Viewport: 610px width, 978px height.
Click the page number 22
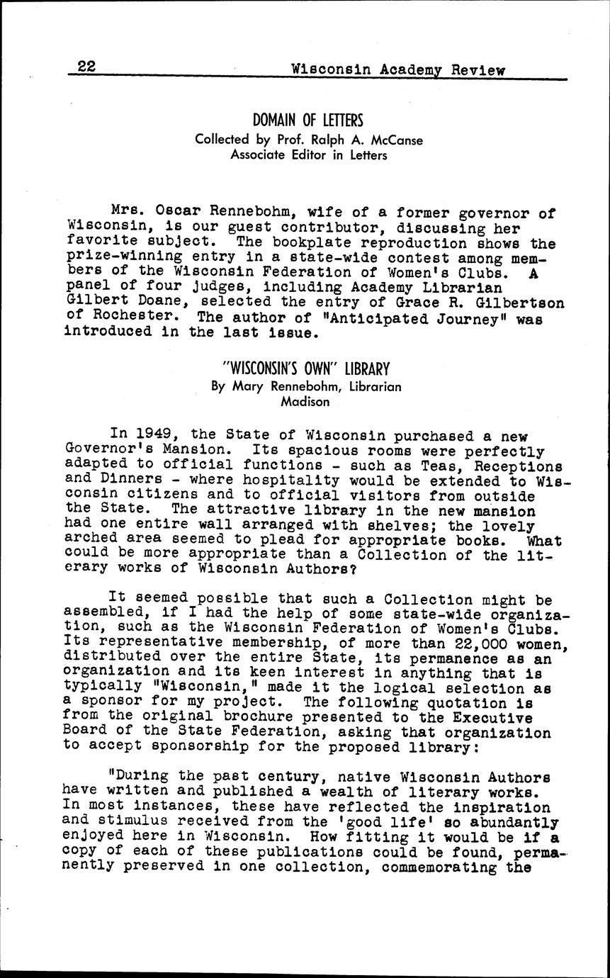[86, 67]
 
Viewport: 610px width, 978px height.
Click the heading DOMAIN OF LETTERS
[308, 120]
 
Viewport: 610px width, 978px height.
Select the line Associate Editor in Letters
[309, 154]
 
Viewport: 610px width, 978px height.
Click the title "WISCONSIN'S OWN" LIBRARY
[305, 369]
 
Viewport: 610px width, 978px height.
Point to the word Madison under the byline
[305, 402]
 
